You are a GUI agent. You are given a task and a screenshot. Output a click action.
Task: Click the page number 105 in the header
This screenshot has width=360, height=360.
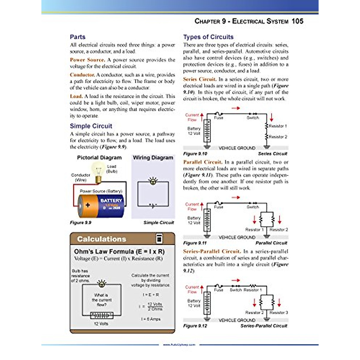tap(297, 21)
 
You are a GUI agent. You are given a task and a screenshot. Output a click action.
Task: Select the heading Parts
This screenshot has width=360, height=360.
tap(78, 37)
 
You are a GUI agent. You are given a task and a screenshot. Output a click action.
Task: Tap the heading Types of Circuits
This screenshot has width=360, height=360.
tap(208, 37)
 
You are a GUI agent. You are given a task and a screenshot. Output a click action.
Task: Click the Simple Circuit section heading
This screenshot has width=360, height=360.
tap(91, 126)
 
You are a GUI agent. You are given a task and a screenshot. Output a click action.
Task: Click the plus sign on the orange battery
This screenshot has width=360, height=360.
tap(88, 205)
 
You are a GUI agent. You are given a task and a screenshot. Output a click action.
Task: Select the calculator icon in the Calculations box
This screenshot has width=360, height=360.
tap(159, 239)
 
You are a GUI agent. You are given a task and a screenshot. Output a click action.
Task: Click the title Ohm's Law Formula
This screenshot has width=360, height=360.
tap(119, 251)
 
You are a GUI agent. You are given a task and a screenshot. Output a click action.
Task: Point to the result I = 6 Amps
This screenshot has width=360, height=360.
tap(151, 319)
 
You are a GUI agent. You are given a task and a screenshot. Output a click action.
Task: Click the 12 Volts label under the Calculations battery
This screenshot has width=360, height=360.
tap(101, 324)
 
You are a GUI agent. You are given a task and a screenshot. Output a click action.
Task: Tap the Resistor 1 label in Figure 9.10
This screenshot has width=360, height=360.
tap(278, 126)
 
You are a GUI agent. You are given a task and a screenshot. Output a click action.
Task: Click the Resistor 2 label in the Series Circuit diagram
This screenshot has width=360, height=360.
tap(278, 137)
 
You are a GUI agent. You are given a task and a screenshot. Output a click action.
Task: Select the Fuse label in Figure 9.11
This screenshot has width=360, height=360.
tap(218, 207)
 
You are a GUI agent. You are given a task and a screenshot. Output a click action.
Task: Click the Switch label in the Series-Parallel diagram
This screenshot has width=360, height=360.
tap(236, 290)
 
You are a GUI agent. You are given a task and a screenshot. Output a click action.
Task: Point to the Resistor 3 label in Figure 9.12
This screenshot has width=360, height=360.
tap(279, 312)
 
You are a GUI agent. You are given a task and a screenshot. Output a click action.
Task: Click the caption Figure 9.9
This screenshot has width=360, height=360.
tap(80, 223)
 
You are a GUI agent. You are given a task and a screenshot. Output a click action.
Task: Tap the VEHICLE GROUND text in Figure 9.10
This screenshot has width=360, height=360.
tap(237, 148)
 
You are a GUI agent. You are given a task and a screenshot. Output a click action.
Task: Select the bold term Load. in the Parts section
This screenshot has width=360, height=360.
tap(76, 96)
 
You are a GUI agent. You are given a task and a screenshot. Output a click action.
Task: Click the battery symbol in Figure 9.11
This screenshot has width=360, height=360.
tap(207, 220)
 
